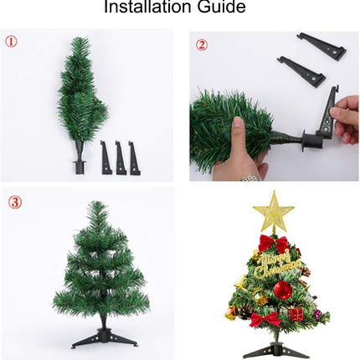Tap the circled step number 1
pos(11,41)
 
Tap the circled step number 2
pos(201,44)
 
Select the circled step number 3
pos(15,203)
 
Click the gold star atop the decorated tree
pos(273,211)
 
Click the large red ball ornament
pos(282,290)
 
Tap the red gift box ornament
pos(295,314)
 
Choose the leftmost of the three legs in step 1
pos(106,157)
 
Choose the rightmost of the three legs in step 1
pos(133,157)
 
